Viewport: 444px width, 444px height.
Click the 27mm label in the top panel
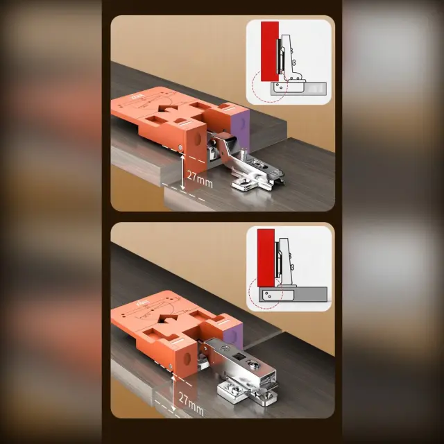(x=200, y=180)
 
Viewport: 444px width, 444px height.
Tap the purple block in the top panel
(x=240, y=130)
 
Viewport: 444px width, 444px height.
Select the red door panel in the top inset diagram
(x=270, y=51)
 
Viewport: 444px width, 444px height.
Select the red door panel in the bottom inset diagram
(x=266, y=257)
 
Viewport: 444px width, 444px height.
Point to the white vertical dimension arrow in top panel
(x=183, y=171)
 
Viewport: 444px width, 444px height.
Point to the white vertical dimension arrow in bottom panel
(x=173, y=393)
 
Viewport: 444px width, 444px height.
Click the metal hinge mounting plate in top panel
(x=256, y=177)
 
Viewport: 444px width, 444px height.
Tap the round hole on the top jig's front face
(x=196, y=139)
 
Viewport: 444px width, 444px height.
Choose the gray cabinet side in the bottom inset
(x=293, y=294)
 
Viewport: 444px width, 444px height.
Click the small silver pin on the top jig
(x=180, y=147)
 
